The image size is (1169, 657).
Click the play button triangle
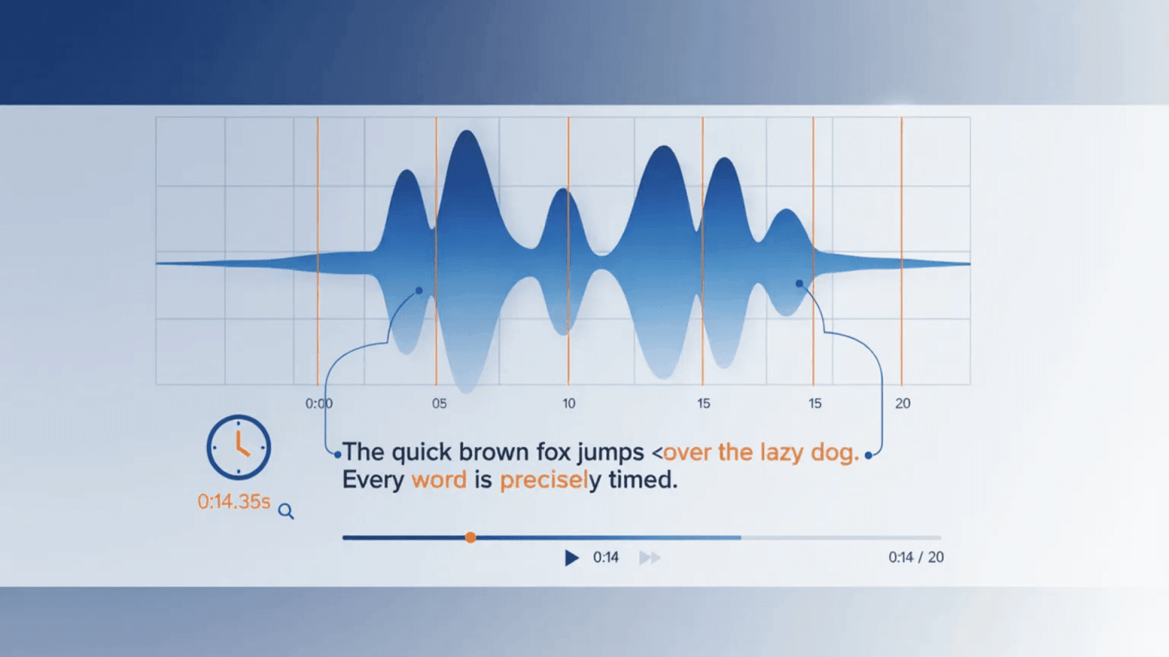click(572, 558)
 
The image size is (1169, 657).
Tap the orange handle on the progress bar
click(471, 537)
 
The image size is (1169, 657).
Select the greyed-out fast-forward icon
click(650, 558)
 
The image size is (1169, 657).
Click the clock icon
click(239, 447)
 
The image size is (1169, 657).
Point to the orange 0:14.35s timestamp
click(234, 501)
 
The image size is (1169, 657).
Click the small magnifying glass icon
click(286, 512)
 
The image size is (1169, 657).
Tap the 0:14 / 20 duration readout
click(916, 557)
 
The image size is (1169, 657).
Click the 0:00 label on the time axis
click(319, 403)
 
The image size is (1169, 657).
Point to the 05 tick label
click(439, 403)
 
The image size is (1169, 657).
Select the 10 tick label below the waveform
click(569, 403)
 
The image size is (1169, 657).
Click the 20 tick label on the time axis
click(903, 403)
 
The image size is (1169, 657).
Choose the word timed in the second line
click(643, 479)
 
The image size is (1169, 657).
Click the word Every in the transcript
click(373, 481)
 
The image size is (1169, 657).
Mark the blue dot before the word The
click(338, 454)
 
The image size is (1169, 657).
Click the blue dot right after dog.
click(868, 455)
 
